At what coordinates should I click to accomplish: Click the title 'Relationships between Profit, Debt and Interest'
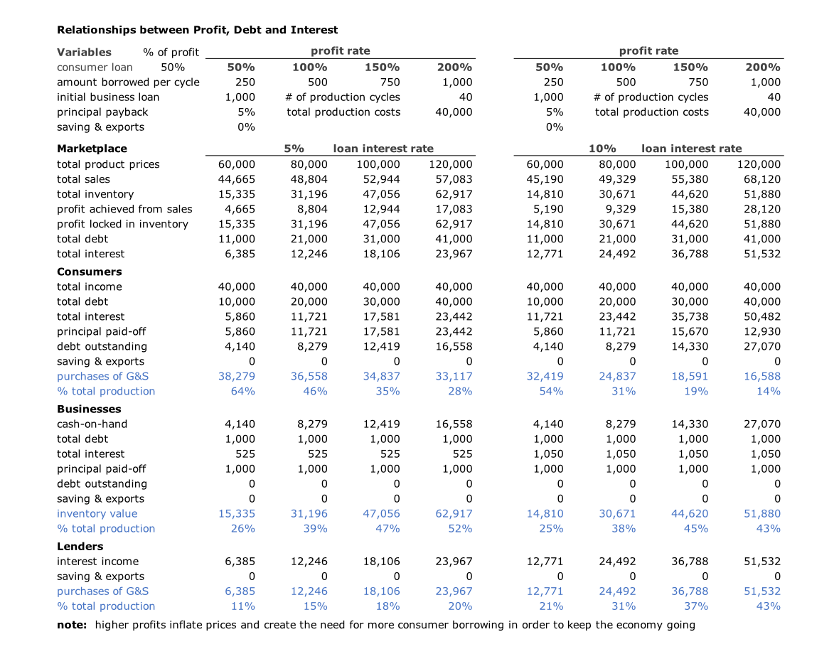point(197,30)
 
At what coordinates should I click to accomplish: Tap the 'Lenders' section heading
point(80,546)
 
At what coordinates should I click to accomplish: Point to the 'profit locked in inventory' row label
point(122,224)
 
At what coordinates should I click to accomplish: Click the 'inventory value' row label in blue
point(97,513)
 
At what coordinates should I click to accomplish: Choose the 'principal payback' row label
point(102,112)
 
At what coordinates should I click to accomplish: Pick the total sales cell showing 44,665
point(236,179)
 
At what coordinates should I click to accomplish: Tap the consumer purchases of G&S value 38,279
point(236,376)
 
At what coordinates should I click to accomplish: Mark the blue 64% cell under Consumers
point(242,391)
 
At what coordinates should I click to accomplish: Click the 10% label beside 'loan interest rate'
point(602,149)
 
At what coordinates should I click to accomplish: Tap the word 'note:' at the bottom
point(72,625)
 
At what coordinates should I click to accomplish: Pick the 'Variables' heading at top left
point(84,52)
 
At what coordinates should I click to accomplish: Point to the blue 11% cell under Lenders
point(242,606)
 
